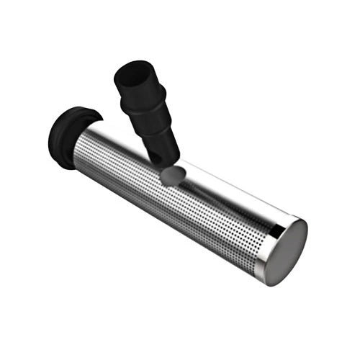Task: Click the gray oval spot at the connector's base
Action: tap(171, 175)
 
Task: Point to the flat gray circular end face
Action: tap(284, 252)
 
